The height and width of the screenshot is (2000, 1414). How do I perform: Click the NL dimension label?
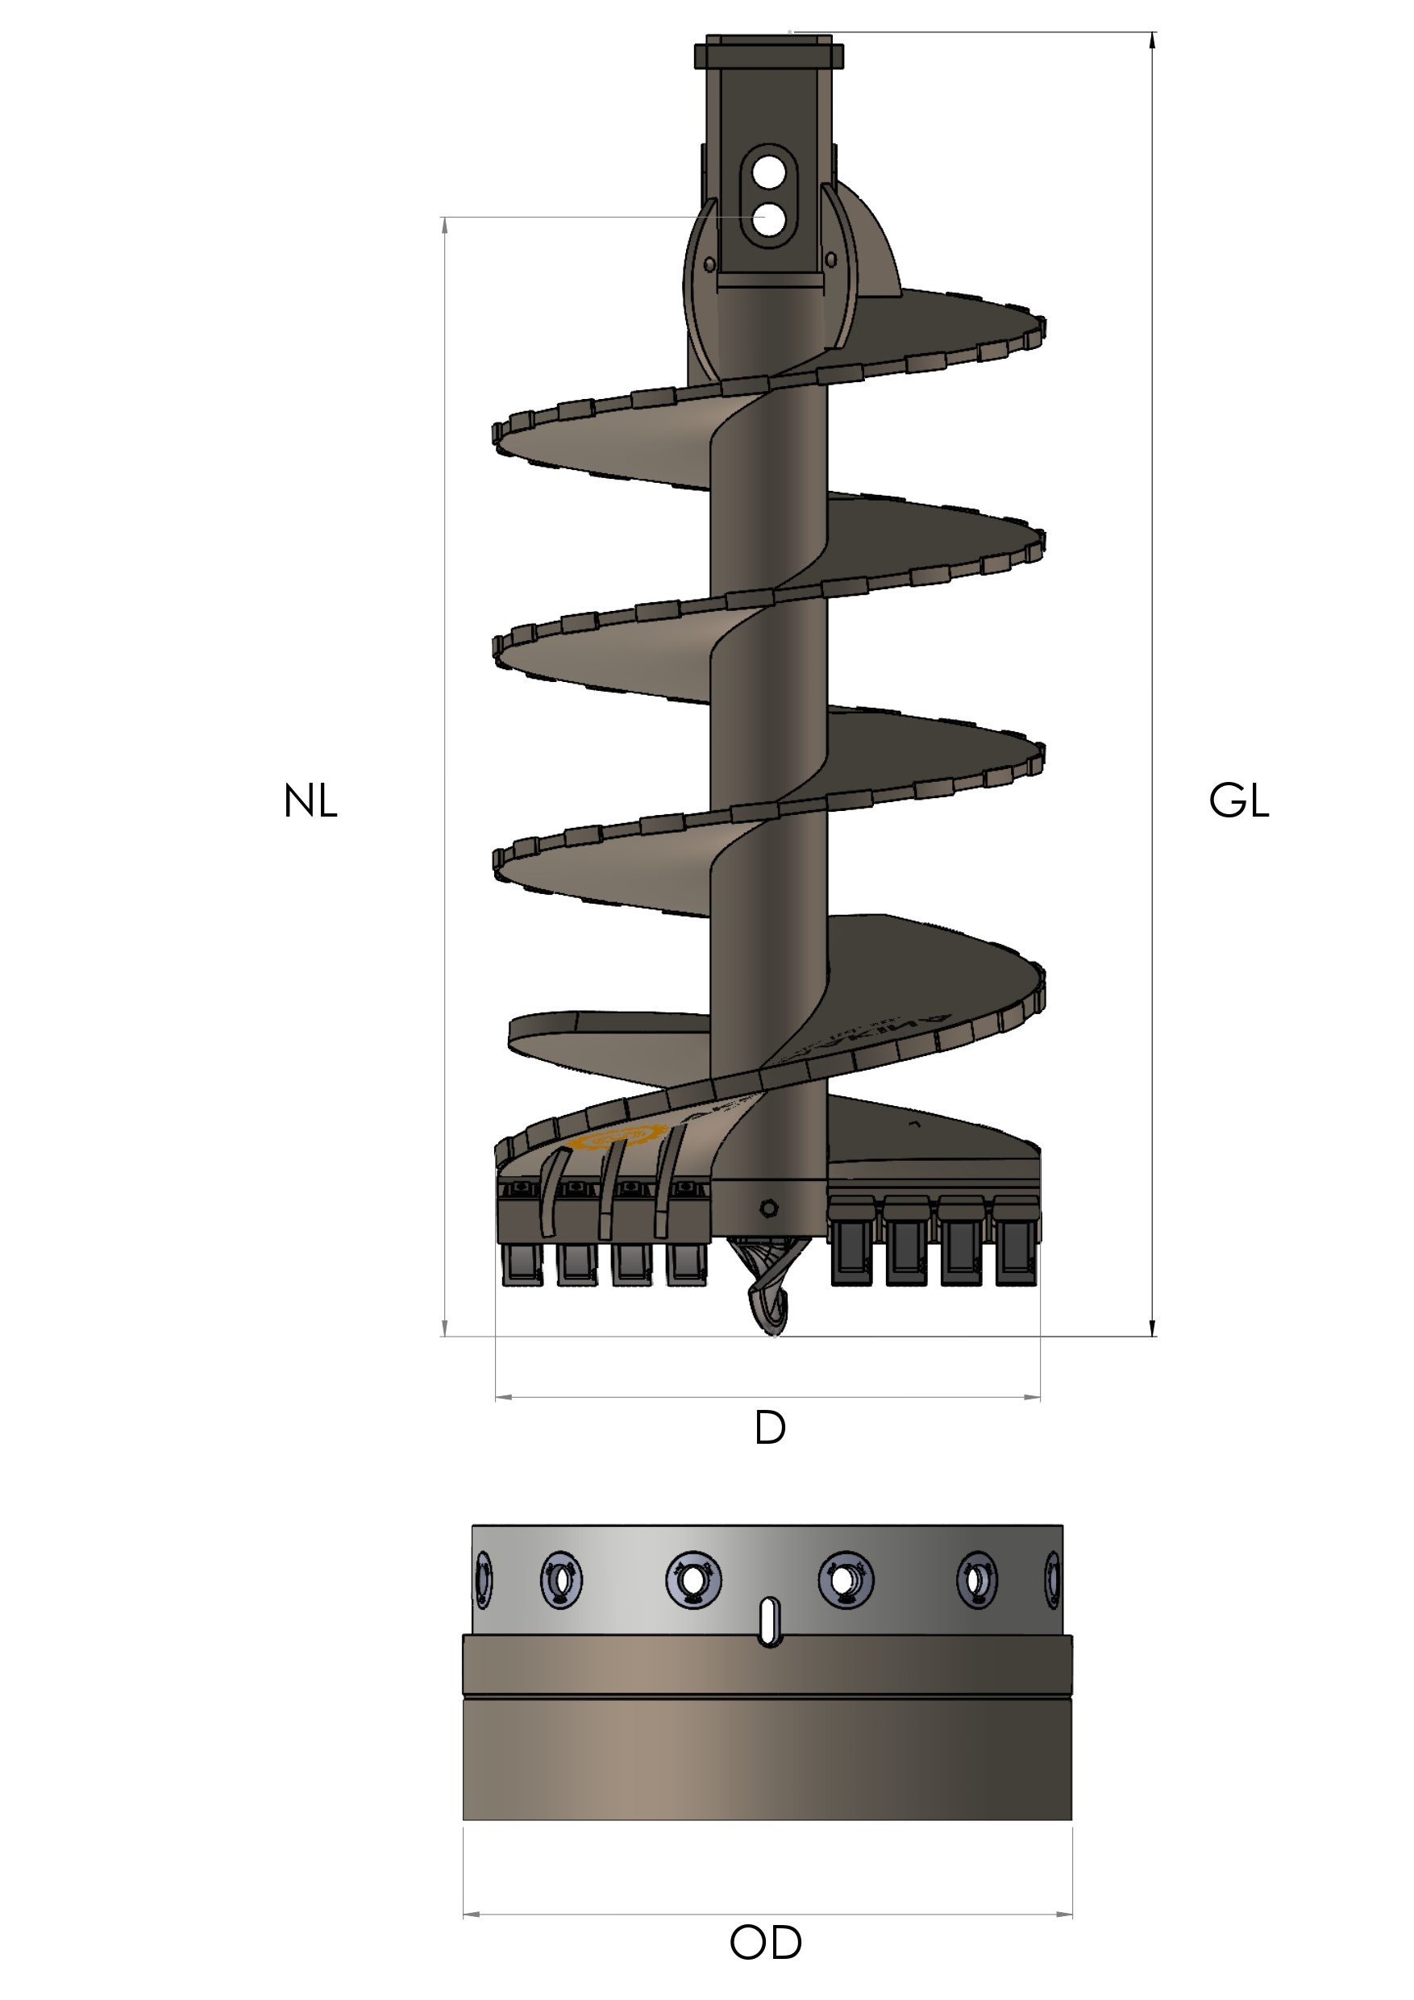pyautogui.click(x=310, y=801)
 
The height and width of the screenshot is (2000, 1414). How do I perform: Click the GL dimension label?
pyautogui.click(x=1238, y=801)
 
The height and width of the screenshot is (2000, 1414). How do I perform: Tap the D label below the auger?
pyautogui.click(x=769, y=1428)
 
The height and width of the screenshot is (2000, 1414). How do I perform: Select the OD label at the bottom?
pyautogui.click(x=765, y=1943)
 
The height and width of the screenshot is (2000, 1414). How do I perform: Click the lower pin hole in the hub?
pyautogui.click(x=767, y=219)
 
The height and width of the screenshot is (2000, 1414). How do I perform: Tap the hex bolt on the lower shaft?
pyautogui.click(x=767, y=1208)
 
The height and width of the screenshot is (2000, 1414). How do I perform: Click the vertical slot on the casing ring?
pyautogui.click(x=768, y=1621)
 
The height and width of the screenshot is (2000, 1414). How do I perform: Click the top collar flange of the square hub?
pyautogui.click(x=768, y=56)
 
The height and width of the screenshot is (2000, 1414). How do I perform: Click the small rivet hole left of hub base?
pyautogui.click(x=709, y=263)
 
